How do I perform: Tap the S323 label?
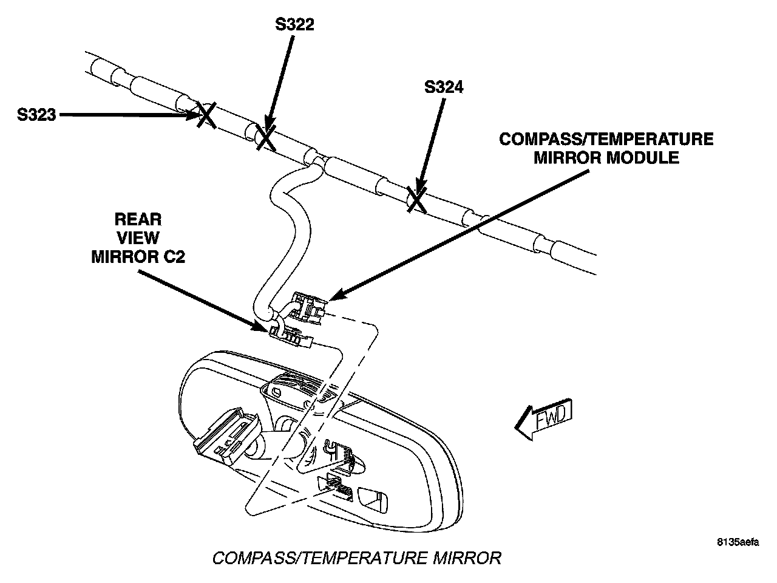(36, 114)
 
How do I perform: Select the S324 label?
(444, 87)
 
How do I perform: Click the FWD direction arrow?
(543, 418)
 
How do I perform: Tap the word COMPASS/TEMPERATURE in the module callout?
(606, 139)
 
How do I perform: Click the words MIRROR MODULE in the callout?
(606, 158)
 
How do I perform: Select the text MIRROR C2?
(138, 256)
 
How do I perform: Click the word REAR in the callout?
(138, 219)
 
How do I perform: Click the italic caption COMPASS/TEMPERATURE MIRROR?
(357, 557)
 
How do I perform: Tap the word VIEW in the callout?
(138, 237)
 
